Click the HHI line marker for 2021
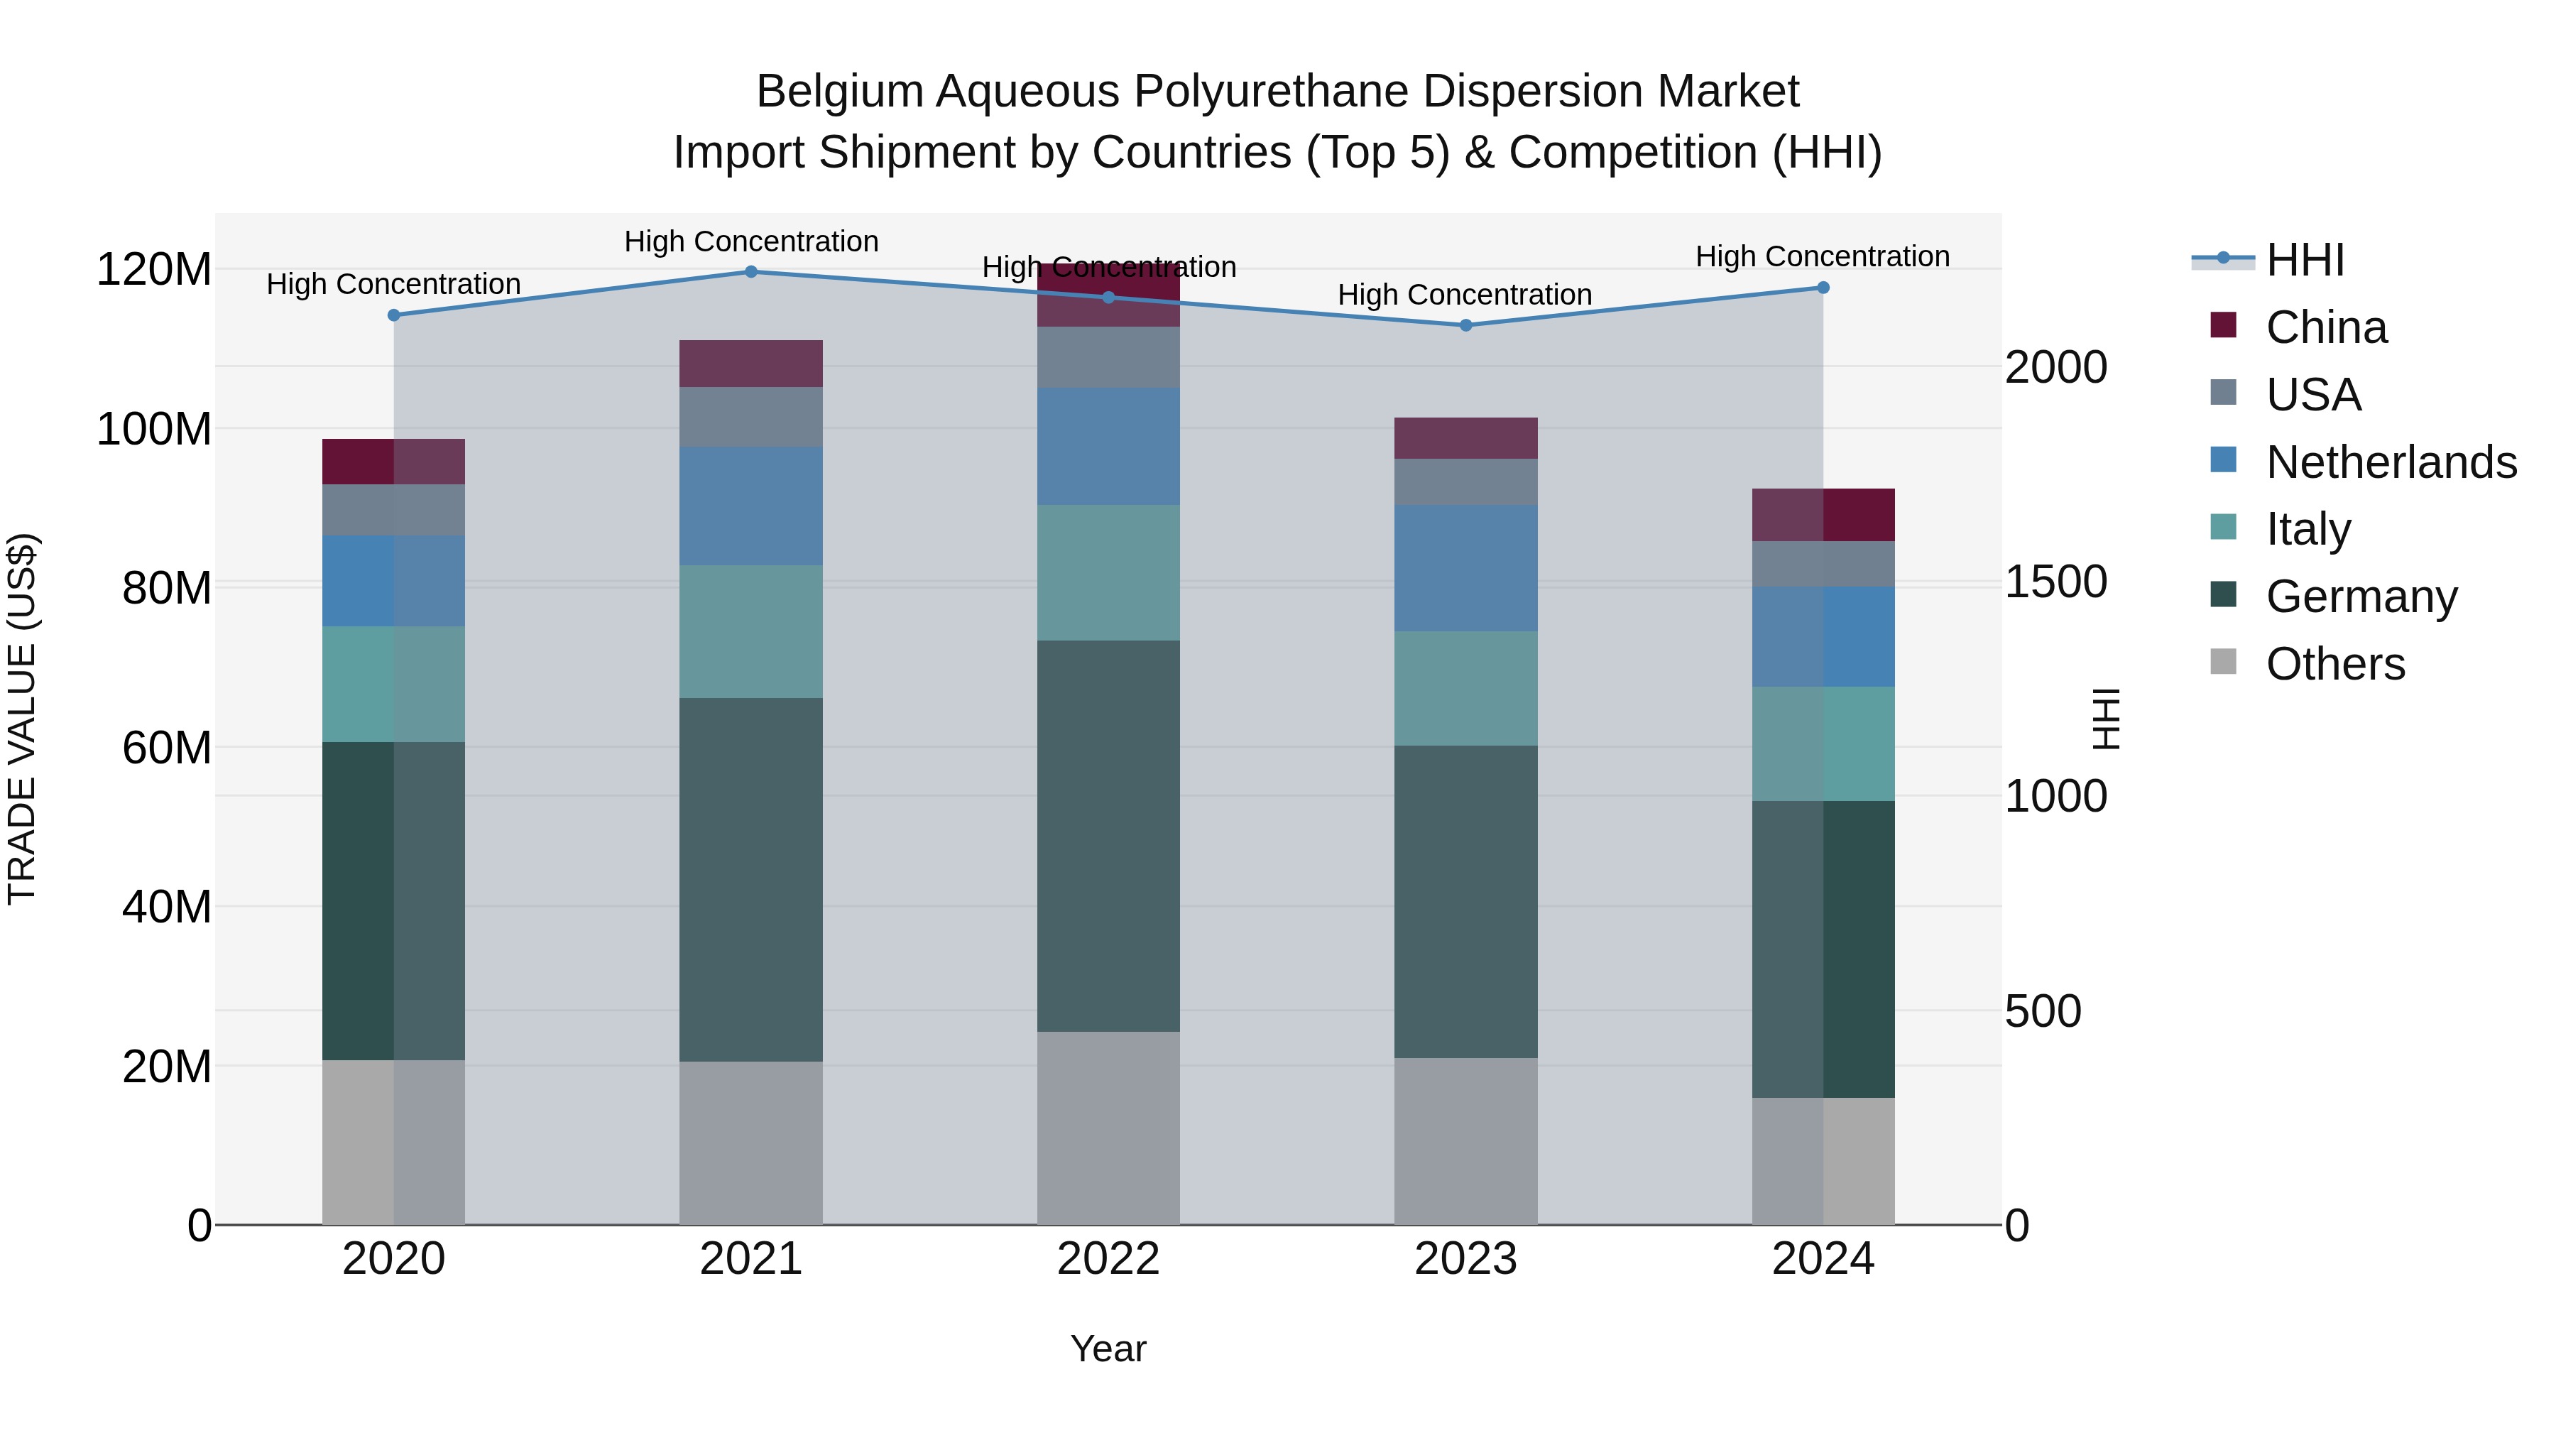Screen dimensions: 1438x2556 [751, 272]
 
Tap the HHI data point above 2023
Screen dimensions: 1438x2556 [1465, 325]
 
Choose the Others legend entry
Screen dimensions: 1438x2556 [2334, 664]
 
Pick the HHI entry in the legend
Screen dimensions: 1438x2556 [2305, 260]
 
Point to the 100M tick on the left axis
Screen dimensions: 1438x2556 [154, 430]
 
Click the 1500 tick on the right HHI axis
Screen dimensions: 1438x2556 [2055, 582]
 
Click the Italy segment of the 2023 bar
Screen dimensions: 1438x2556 [1465, 689]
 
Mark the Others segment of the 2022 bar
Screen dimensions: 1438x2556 [1108, 1128]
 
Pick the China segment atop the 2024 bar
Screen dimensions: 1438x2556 [1823, 515]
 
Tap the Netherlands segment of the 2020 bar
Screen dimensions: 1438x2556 [394, 582]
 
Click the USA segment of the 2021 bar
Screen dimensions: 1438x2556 [751, 417]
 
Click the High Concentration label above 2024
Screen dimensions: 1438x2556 [1822, 257]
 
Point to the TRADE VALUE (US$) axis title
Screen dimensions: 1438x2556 [22, 719]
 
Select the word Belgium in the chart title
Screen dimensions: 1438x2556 [839, 92]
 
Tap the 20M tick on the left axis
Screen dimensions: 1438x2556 [167, 1067]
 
